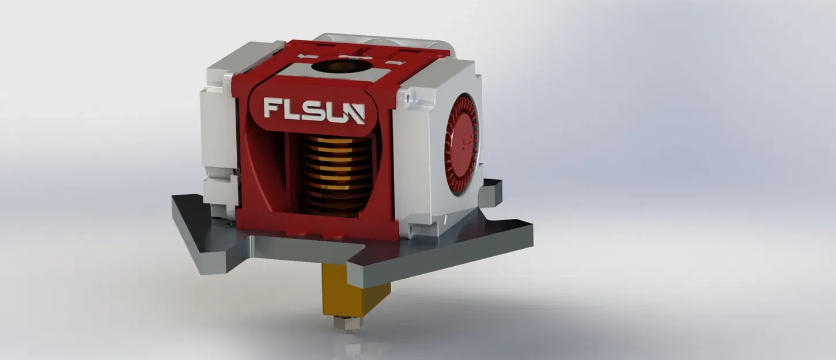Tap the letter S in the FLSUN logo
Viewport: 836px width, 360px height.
click(312, 111)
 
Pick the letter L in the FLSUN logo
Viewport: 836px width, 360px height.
click(292, 109)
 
